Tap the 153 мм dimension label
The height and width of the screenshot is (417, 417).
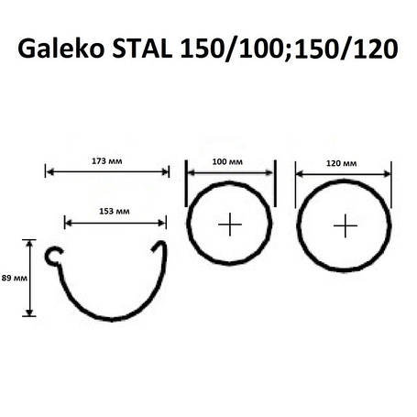pos(115,212)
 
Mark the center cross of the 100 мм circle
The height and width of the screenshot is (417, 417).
pos(228,224)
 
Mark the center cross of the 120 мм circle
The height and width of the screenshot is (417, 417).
pos(344,225)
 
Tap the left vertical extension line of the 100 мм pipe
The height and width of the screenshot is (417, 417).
pos(186,183)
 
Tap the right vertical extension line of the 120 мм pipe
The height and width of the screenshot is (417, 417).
pos(392,183)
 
